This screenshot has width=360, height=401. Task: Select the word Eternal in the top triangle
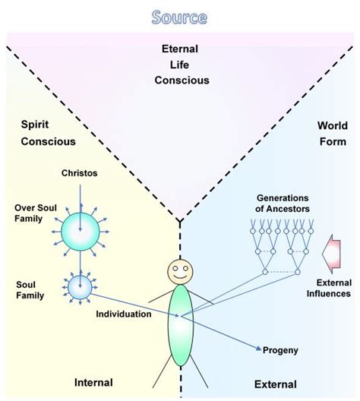[x=179, y=49]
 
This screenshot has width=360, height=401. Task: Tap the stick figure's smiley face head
[x=179, y=271]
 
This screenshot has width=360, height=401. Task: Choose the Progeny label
[x=282, y=350]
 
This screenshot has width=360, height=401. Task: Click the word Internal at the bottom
[x=93, y=382]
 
